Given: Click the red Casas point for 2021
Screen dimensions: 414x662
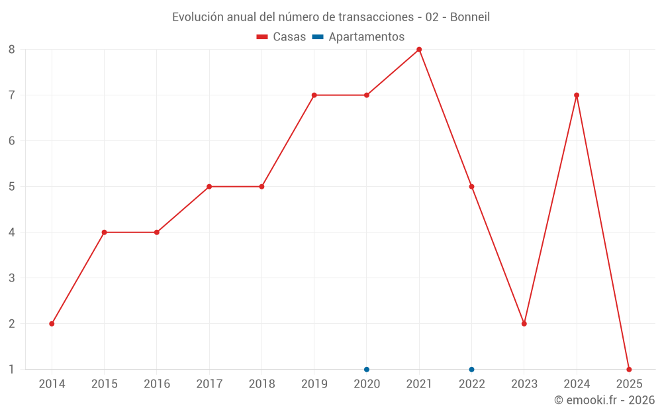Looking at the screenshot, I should pos(419,49).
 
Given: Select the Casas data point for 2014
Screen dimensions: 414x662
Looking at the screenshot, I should pos(52,324).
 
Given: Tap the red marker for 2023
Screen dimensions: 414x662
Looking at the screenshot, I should pos(524,324).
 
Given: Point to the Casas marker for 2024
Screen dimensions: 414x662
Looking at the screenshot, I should pos(577,95).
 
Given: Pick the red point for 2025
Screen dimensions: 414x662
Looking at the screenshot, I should pos(629,370).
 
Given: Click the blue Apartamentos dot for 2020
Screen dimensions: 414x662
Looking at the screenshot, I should pos(367,370).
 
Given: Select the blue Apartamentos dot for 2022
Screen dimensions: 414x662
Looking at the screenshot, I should pos(471,370).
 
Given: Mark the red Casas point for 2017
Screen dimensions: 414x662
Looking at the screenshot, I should pos(209,187).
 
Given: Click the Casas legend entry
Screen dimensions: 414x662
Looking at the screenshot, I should pos(281,37).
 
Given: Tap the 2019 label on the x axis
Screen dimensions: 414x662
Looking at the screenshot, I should pos(314,384).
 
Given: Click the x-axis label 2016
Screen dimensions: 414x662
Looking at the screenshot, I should pos(157,384).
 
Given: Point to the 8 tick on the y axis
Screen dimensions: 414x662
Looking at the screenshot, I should pos(12,49).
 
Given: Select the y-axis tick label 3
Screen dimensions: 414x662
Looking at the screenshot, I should pos(12,278).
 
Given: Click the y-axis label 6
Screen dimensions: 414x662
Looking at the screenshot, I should pos(12,140).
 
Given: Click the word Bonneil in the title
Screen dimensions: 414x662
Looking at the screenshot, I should pos(470,17).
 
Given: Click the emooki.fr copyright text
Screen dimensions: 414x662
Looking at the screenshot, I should pos(604,399).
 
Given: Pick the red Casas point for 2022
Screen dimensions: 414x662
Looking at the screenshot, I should pos(471,187).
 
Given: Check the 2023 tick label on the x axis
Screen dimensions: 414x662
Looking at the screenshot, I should pos(524,384).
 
